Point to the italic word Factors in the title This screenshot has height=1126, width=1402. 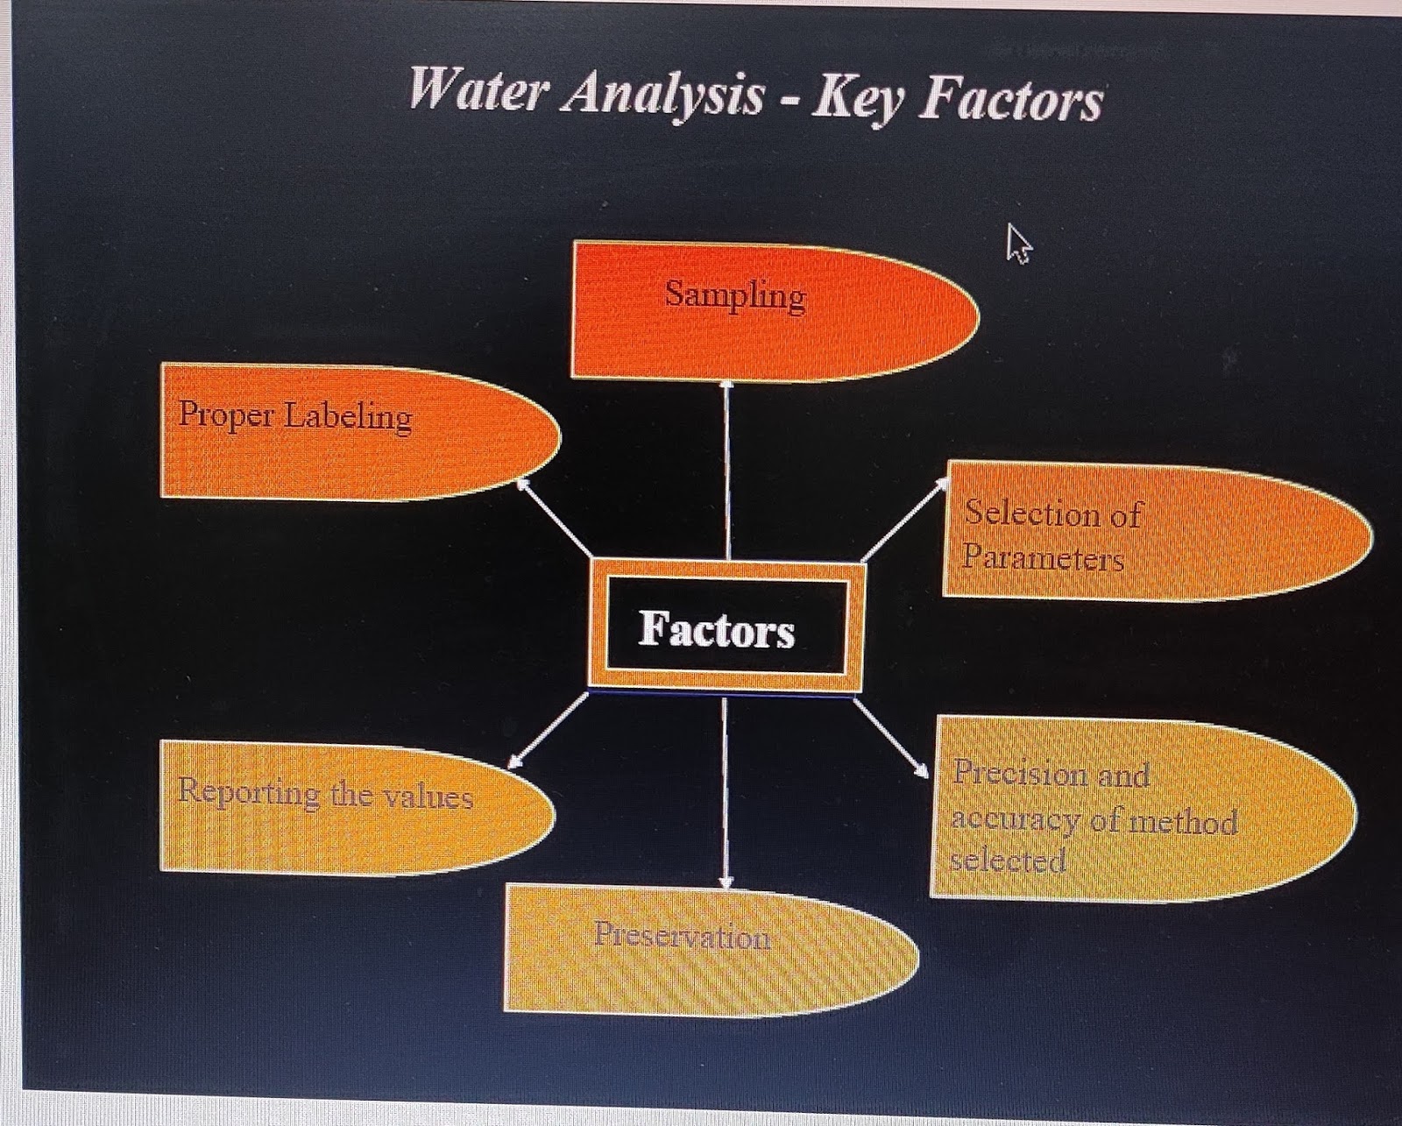click(x=1012, y=100)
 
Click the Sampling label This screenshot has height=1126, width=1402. click(x=735, y=294)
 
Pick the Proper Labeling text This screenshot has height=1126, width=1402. click(x=295, y=414)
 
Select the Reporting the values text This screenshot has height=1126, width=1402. click(x=325, y=794)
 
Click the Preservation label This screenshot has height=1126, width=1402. click(x=683, y=935)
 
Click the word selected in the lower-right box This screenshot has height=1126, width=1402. click(x=1008, y=860)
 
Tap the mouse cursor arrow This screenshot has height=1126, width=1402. click(x=1017, y=242)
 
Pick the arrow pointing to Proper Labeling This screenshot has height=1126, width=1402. click(x=555, y=516)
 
